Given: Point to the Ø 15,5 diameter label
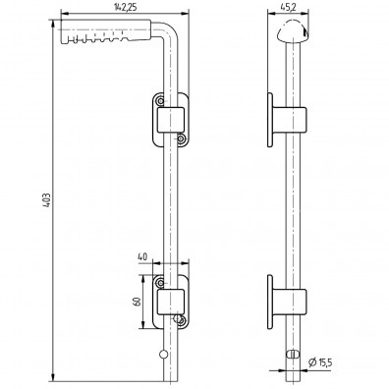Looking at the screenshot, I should click(318, 363).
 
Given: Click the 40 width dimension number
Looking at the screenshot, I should click(143, 258).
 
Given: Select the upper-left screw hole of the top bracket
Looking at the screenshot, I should click(158, 100).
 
